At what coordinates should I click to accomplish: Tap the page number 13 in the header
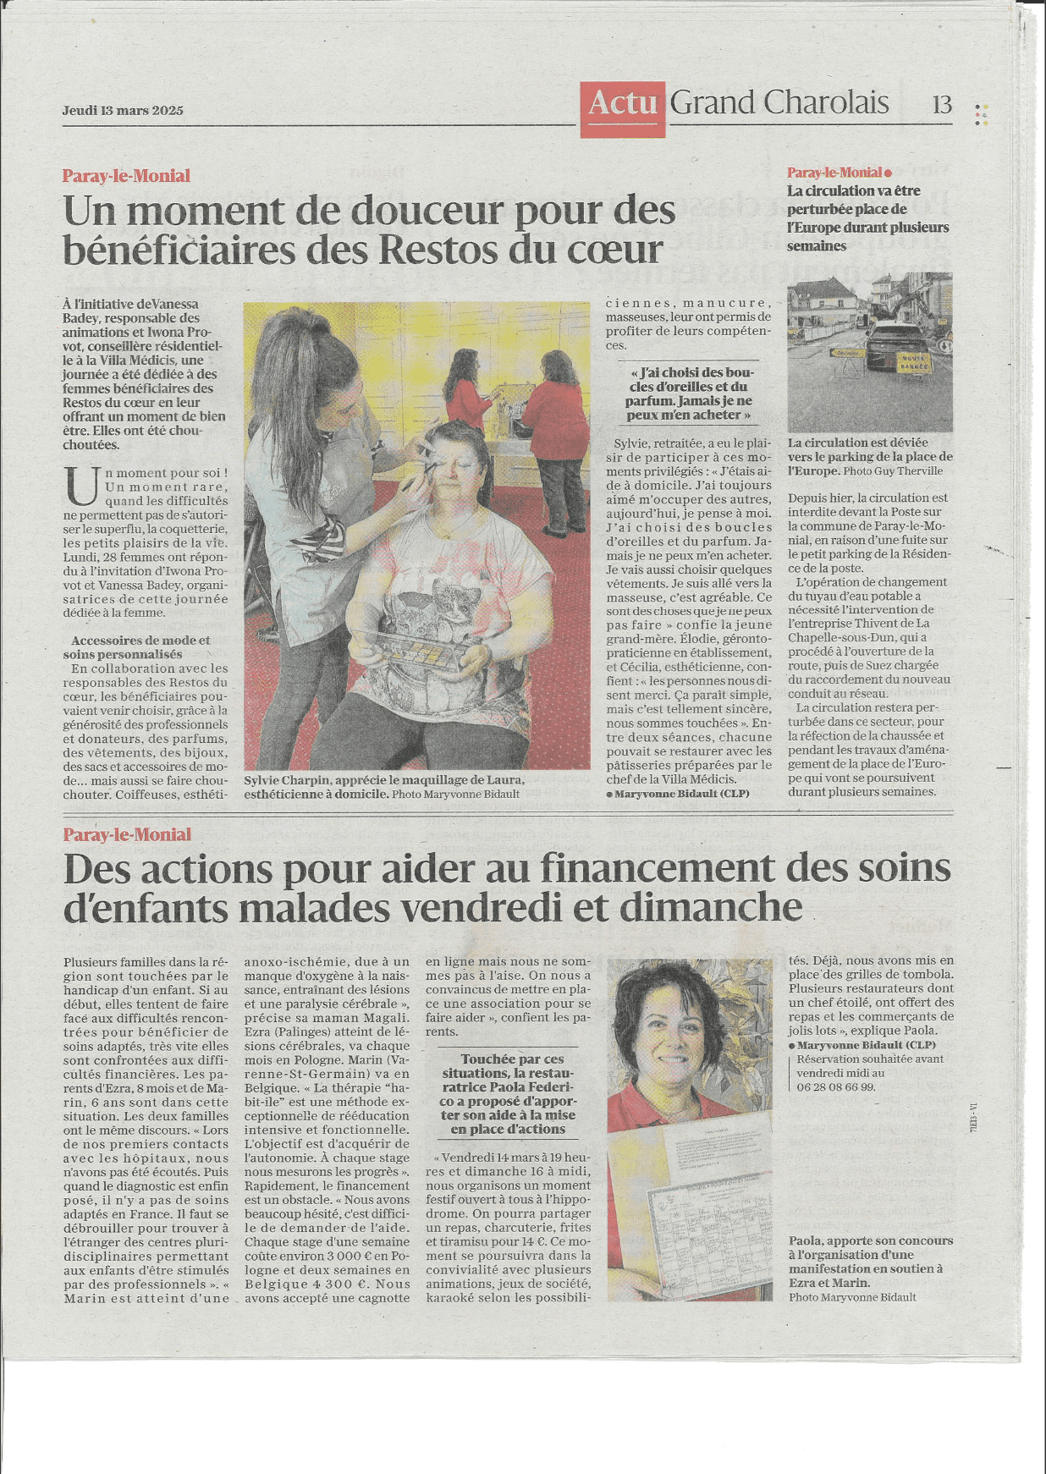[x=942, y=105]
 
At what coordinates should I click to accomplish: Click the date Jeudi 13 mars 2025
[x=123, y=111]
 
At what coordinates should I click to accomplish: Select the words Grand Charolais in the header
[x=779, y=103]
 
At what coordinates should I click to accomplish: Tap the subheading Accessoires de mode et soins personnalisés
[x=140, y=647]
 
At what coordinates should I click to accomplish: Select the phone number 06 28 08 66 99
[x=835, y=1087]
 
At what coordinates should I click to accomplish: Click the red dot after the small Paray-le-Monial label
[x=888, y=173]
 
